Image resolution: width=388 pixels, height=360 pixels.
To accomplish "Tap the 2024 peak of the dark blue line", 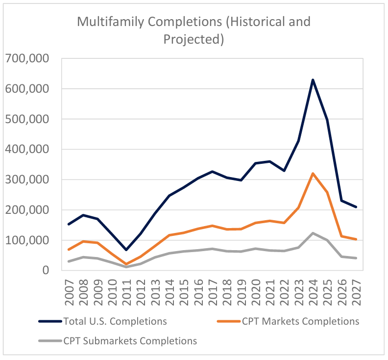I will click(x=313, y=80).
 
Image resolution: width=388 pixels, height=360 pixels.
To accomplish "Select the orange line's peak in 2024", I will click(x=313, y=174).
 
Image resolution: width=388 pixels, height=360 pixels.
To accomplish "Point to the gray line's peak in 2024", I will click(x=313, y=233).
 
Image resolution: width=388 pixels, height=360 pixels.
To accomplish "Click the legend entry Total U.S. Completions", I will click(x=115, y=321).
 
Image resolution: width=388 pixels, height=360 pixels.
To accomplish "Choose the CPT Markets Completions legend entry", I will click(x=300, y=321).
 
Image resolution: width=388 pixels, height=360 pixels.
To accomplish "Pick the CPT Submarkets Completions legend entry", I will click(x=130, y=340).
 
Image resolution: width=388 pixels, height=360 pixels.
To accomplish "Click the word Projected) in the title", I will click(x=194, y=39).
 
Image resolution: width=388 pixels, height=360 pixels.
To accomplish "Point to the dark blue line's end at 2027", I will click(x=356, y=207).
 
